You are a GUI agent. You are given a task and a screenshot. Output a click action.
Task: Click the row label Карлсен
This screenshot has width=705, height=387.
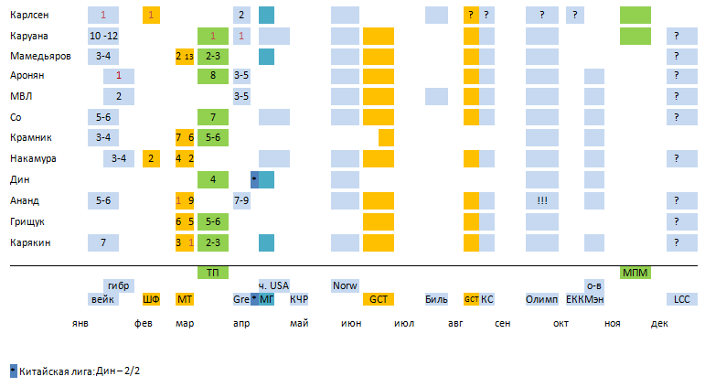point(28,15)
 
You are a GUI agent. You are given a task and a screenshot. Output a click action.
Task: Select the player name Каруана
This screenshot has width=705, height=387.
point(30,36)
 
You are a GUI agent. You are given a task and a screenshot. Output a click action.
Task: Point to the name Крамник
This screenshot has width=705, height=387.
point(30,137)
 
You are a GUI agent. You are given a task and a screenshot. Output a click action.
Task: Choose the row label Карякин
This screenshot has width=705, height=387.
point(30,242)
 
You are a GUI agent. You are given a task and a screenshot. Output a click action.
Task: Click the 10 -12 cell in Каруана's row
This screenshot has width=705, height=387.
point(103,36)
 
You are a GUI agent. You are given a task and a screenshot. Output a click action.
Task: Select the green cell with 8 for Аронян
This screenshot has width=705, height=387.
point(212,76)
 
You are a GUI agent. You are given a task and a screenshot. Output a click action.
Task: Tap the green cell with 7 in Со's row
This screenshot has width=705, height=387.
point(212,117)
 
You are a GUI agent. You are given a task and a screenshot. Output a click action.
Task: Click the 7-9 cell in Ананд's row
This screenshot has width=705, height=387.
point(241,199)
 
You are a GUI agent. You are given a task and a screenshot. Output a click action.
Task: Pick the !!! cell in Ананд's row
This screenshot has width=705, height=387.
point(542,199)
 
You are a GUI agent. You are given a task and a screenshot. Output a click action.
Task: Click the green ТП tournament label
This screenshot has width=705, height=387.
point(212,273)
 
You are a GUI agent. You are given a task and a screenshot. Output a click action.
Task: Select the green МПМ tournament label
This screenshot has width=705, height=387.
point(635,273)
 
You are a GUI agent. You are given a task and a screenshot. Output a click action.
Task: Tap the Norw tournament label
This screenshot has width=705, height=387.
point(345,285)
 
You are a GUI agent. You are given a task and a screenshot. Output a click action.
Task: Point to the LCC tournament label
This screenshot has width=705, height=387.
point(682,299)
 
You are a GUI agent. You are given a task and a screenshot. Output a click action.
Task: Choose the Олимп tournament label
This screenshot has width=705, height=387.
point(542,299)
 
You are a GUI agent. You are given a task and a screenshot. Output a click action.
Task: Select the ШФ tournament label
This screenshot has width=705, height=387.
point(151,299)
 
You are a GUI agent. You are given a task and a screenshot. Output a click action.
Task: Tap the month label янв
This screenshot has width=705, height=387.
point(81,324)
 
